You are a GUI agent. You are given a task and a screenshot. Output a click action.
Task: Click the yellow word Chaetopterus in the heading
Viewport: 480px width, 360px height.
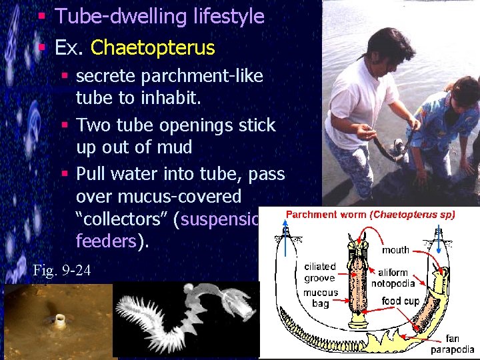(153, 48)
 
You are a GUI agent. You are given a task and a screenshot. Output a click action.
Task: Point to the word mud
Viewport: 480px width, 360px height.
(176, 147)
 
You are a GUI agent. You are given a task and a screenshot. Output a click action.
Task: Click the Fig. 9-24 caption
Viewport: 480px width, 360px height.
(62, 270)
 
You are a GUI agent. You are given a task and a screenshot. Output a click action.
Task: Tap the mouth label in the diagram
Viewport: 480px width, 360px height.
(395, 250)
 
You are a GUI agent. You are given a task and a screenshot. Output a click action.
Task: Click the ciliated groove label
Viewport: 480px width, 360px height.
(319, 272)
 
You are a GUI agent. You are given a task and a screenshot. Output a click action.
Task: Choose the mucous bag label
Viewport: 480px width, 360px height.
(321, 297)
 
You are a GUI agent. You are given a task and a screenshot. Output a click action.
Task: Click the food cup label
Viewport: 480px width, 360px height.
(400, 301)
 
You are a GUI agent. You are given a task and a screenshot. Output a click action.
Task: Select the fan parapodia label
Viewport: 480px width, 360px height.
(453, 344)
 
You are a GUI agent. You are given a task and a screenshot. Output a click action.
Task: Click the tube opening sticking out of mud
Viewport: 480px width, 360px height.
(60, 321)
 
